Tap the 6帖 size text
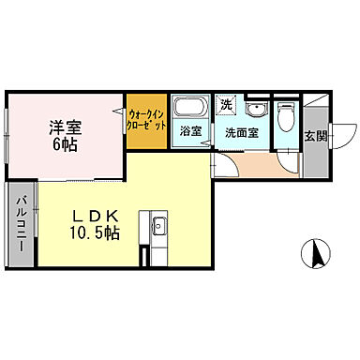tap(64, 145)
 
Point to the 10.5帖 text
tap(96, 233)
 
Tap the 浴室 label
tap(191, 132)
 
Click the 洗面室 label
tap(241, 132)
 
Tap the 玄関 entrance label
tap(316, 135)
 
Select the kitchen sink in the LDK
tap(157, 226)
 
